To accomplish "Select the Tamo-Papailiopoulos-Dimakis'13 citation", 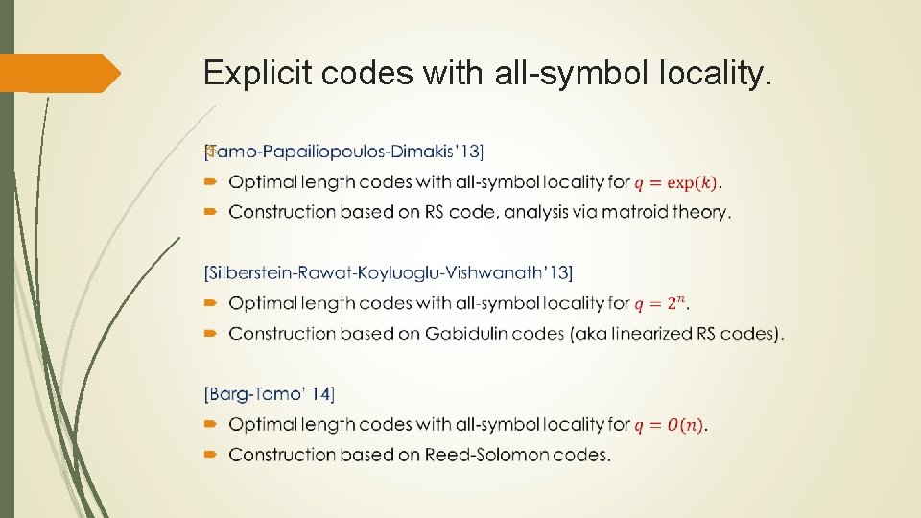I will click(x=344, y=152).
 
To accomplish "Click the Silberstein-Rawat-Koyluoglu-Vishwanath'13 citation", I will click(x=388, y=273).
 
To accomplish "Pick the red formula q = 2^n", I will click(x=661, y=303).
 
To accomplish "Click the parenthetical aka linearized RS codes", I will click(x=690, y=334).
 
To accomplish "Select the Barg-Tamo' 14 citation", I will click(x=270, y=394).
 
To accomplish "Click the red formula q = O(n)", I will click(x=671, y=424).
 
